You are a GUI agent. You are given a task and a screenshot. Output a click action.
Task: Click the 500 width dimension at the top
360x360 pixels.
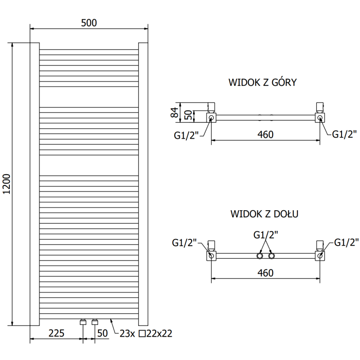coord(89,23)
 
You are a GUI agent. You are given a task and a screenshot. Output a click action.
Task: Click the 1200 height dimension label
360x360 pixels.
coord(6,184)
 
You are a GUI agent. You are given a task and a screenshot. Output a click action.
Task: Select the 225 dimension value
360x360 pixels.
coord(56,333)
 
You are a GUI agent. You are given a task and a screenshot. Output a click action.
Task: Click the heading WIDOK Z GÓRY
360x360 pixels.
coord(262,82)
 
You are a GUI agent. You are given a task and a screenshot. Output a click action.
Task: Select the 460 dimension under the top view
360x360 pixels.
coord(266,135)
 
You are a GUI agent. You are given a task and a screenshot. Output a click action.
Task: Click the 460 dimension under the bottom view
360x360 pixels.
coord(266,273)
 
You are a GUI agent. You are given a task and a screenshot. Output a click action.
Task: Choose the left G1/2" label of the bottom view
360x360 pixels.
coord(185,243)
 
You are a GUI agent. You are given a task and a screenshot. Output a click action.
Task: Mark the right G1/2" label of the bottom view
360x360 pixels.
coord(346,243)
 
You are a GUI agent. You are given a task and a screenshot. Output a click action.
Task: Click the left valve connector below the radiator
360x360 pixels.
coord(83,322)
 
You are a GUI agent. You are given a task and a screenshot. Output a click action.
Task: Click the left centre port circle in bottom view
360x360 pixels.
coord(260,256)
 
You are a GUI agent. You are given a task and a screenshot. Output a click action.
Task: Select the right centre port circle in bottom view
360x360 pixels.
coord(271,256)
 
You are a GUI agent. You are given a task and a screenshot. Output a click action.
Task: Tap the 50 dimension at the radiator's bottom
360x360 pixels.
coord(103,333)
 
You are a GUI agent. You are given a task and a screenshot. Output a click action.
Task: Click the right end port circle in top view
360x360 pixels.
coord(320,118)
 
